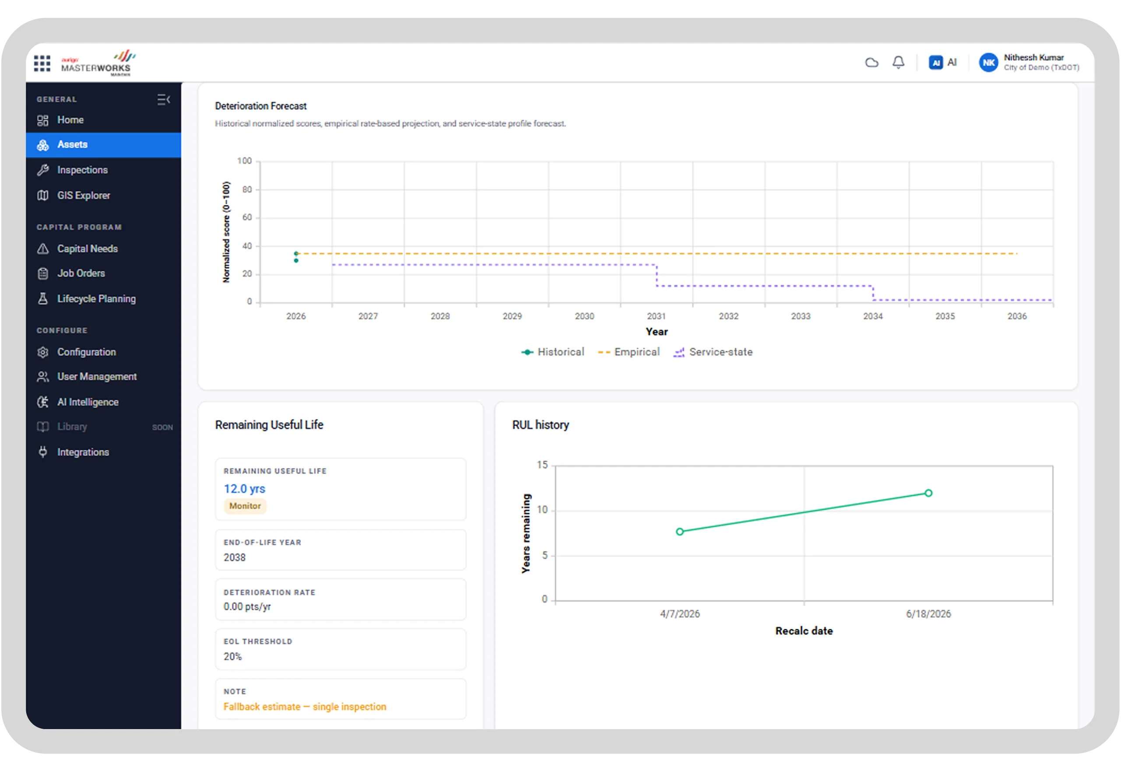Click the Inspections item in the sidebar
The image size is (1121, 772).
[82, 170]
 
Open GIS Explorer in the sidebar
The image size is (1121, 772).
[83, 195]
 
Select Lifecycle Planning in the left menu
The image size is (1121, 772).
[96, 299]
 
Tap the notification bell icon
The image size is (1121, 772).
[898, 62]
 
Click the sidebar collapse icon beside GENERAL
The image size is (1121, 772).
[163, 100]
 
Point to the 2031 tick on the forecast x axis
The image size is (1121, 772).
[656, 316]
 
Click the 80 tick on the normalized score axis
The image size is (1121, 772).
[247, 189]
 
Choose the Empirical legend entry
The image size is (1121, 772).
[629, 352]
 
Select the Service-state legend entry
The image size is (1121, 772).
[713, 352]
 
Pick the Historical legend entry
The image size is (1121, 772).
[552, 352]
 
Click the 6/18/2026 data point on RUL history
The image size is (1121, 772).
[928, 493]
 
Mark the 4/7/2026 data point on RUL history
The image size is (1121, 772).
[680, 532]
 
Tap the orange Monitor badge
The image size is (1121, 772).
[245, 506]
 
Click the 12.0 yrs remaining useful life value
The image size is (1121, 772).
[244, 489]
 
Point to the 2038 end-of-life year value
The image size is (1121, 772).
[235, 557]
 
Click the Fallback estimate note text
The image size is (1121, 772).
[305, 707]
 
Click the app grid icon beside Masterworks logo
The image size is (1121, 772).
[42, 63]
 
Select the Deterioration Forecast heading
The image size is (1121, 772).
[261, 106]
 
